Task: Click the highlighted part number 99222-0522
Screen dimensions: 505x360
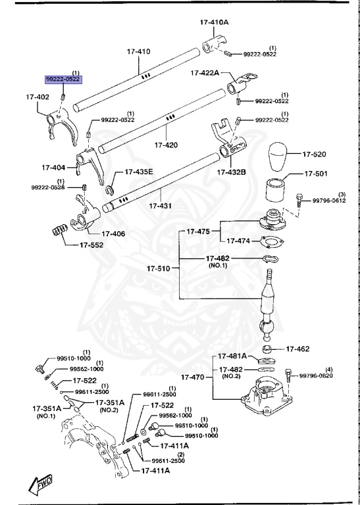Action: [63, 79]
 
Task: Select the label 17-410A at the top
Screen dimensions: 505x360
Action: [215, 22]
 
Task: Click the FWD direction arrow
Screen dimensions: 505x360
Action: [40, 485]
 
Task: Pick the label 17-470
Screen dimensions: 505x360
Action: [194, 378]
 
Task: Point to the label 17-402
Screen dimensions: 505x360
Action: [38, 97]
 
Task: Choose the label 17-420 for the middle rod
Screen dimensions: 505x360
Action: [166, 145]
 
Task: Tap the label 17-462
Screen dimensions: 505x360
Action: [299, 348]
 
